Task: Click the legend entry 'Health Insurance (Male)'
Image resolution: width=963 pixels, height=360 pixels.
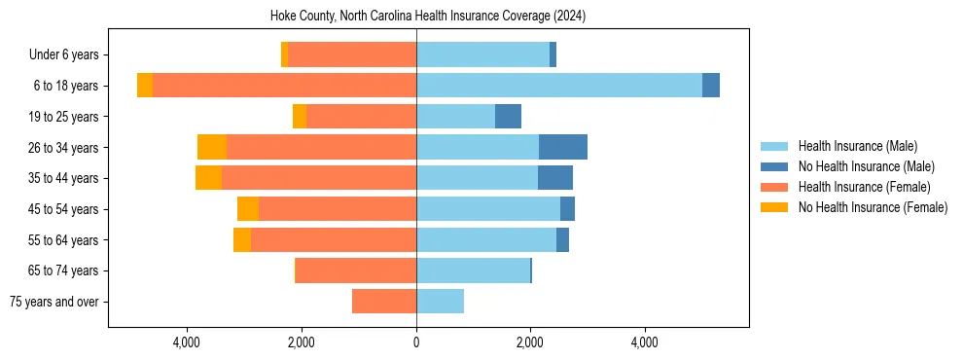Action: tap(857, 146)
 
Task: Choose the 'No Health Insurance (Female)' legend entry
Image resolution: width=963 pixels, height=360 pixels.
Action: tap(873, 207)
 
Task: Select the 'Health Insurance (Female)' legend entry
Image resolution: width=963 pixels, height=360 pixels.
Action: tap(864, 187)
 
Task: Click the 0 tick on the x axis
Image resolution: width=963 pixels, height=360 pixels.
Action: tap(416, 342)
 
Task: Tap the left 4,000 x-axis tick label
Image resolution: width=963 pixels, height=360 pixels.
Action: tap(186, 342)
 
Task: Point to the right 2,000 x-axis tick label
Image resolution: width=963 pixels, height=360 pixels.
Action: tap(530, 342)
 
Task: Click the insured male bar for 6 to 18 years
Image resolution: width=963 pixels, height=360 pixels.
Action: tap(559, 86)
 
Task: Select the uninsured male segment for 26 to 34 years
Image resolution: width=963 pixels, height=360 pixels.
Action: tap(563, 147)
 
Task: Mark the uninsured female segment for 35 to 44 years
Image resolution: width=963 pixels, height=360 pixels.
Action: tap(208, 178)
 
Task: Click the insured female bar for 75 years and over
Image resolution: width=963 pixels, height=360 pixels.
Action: tap(384, 302)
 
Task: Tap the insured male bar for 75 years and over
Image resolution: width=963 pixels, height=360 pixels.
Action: tap(440, 302)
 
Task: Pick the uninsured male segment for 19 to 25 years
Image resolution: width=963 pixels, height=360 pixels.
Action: tap(508, 117)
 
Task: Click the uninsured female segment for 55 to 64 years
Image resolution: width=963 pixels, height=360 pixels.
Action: tap(242, 239)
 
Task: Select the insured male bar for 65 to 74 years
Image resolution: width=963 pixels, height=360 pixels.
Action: tap(473, 270)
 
